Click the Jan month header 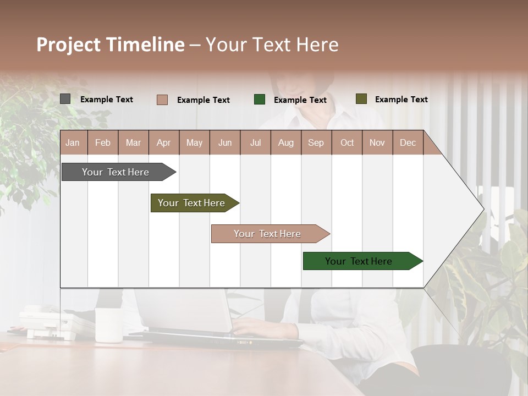click(73, 142)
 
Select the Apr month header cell click(164, 142)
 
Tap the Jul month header click(255, 142)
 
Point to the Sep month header click(316, 142)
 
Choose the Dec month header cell click(408, 142)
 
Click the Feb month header click(103, 142)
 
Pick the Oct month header click(347, 142)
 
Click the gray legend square click(65, 99)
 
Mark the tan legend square click(162, 100)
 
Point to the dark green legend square click(259, 100)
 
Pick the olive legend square click(361, 99)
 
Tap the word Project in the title click(68, 45)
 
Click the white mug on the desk click(108, 325)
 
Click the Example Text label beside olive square click(401, 100)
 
